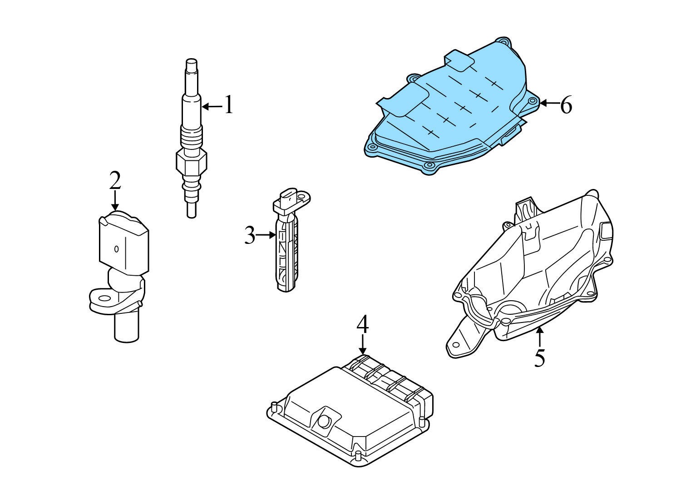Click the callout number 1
(x=229, y=104)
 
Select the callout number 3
(x=250, y=235)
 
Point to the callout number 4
(x=363, y=324)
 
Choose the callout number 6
(x=566, y=105)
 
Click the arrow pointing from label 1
(x=212, y=106)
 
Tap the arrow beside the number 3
(x=266, y=235)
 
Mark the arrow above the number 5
(x=540, y=337)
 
